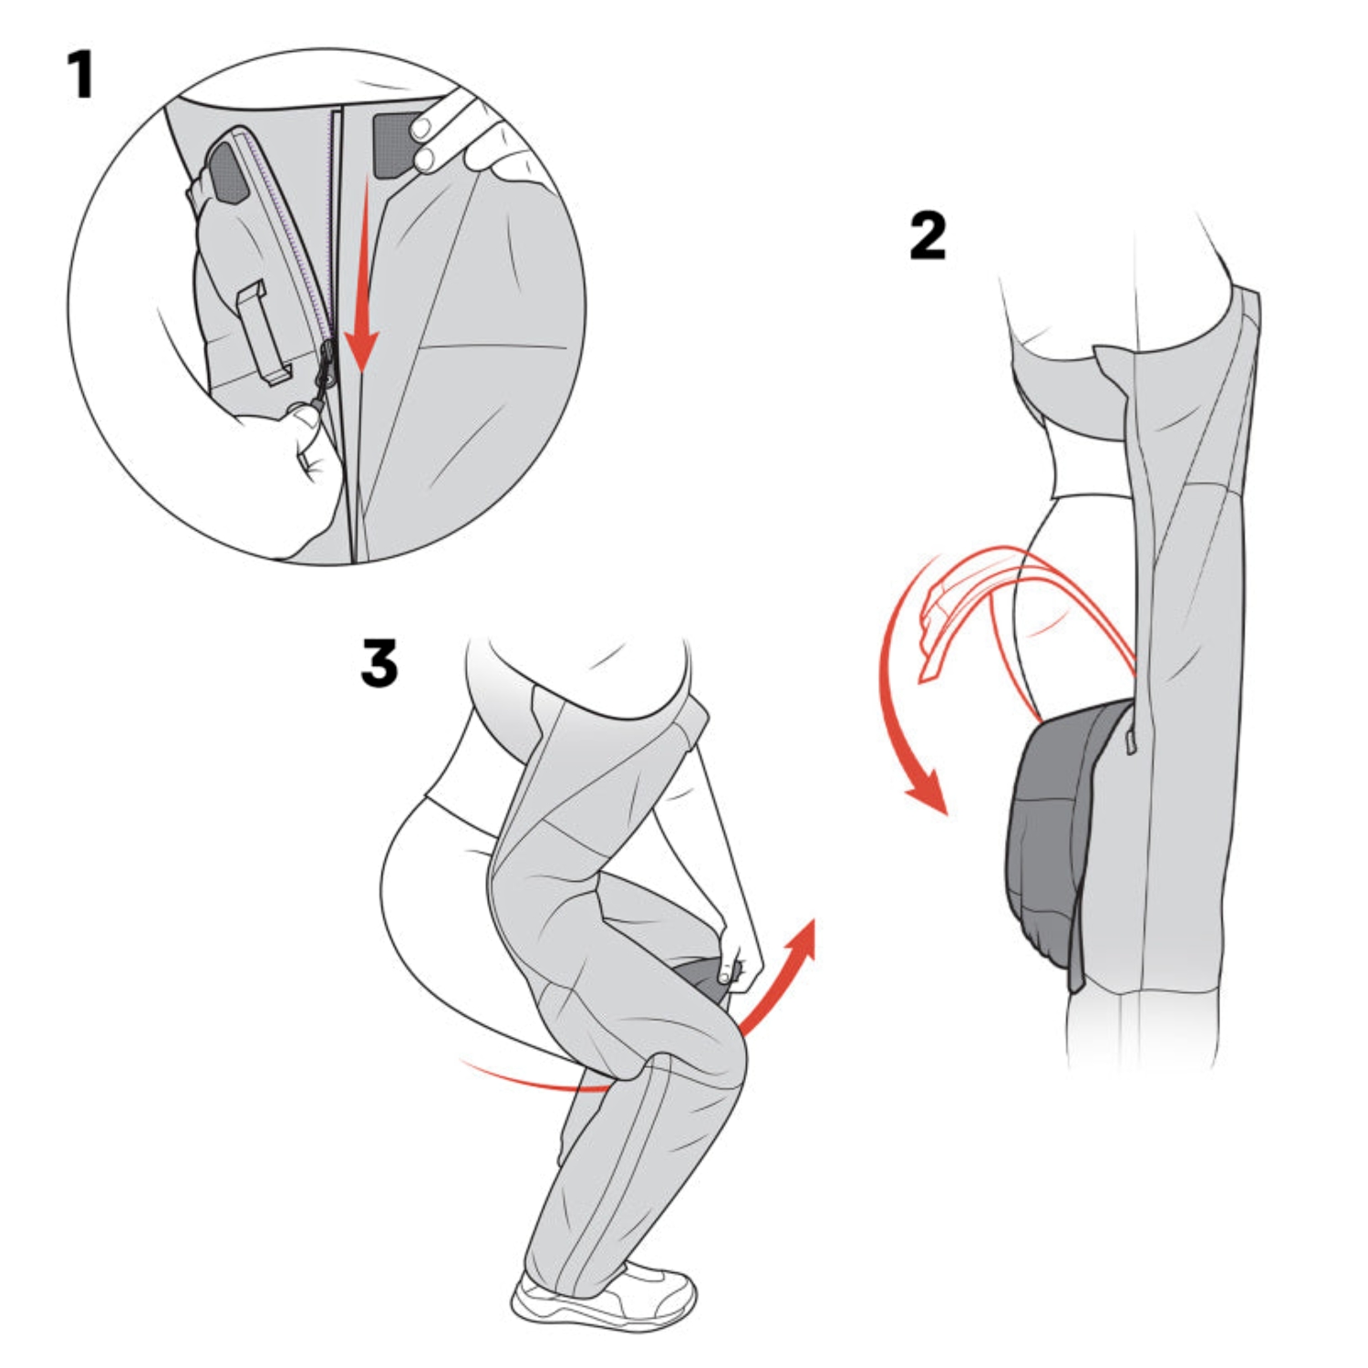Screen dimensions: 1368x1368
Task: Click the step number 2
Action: tap(928, 236)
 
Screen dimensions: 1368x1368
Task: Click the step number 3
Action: tap(379, 663)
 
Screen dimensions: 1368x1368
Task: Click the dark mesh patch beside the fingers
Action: tap(392, 144)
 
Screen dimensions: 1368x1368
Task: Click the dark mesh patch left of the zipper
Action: tap(228, 173)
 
